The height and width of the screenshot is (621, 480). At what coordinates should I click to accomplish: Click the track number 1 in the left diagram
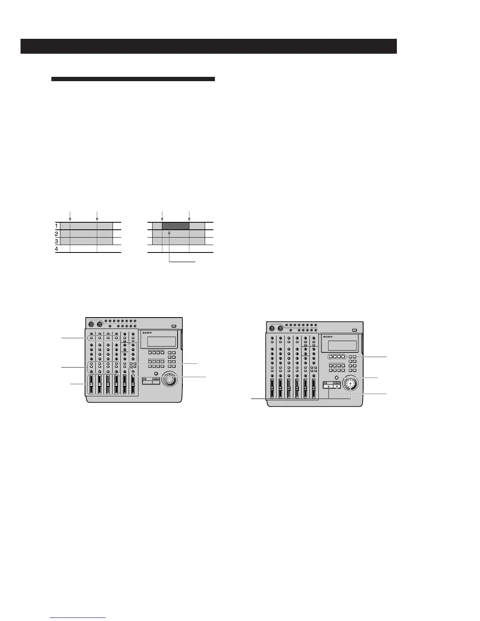pyautogui.click(x=57, y=226)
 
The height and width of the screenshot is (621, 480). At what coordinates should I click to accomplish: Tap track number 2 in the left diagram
pyautogui.click(x=57, y=234)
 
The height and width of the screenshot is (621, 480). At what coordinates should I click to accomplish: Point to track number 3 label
pyautogui.click(x=57, y=241)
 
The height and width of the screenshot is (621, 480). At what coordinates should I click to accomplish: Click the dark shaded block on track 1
pyautogui.click(x=175, y=226)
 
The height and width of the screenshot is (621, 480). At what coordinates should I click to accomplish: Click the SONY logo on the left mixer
pyautogui.click(x=147, y=333)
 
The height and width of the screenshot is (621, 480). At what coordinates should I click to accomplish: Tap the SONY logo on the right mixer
pyautogui.click(x=328, y=337)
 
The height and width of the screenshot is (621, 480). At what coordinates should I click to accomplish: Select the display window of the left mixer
pyautogui.click(x=161, y=341)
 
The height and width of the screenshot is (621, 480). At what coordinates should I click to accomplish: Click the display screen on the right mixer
pyautogui.click(x=342, y=345)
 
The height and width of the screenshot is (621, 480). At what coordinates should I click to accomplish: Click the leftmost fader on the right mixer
pyautogui.click(x=272, y=388)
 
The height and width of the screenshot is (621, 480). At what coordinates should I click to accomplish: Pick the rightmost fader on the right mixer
pyautogui.click(x=314, y=388)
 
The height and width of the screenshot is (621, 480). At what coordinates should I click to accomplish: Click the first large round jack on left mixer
pyautogui.click(x=91, y=325)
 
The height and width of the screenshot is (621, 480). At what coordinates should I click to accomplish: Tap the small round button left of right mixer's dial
pyautogui.click(x=337, y=378)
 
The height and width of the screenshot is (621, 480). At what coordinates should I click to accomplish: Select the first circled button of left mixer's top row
pyautogui.click(x=91, y=338)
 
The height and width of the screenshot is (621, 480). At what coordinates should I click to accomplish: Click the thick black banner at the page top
pyautogui.click(x=209, y=46)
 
